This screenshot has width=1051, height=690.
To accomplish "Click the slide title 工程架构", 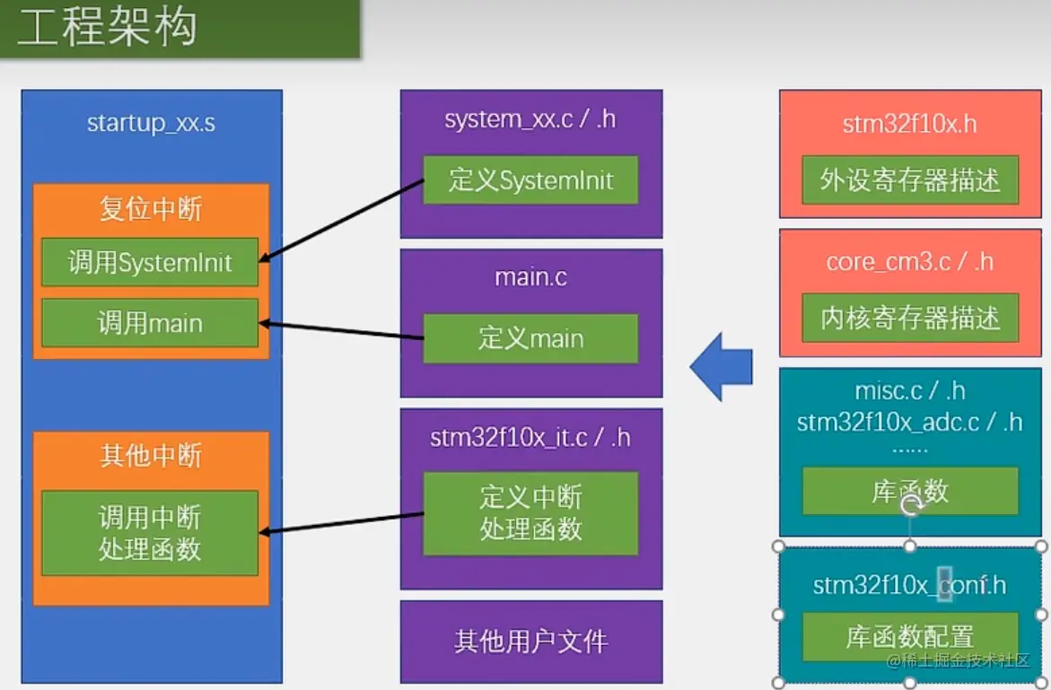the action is click(x=107, y=27).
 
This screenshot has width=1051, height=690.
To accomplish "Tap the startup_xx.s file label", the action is click(x=152, y=123).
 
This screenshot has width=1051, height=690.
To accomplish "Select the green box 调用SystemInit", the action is click(x=150, y=262).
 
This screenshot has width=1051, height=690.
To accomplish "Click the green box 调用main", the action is click(x=150, y=323).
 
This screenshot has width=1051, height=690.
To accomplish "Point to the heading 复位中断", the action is click(x=151, y=208).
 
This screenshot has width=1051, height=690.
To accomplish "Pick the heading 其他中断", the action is click(x=151, y=456).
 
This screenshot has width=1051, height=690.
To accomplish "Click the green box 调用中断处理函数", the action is click(x=150, y=533).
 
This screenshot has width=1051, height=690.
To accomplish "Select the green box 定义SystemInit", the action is click(x=530, y=180).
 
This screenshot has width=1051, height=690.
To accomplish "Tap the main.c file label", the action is click(x=530, y=277).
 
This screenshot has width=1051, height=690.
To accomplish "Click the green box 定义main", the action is click(x=530, y=338).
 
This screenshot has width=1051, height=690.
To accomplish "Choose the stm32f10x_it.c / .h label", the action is click(x=530, y=438).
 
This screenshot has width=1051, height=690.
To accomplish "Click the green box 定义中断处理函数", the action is click(x=530, y=513).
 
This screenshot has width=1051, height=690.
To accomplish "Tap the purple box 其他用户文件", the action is click(x=531, y=642).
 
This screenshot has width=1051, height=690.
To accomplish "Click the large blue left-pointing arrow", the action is click(x=722, y=367).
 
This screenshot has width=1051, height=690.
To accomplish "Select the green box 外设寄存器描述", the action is click(x=910, y=180).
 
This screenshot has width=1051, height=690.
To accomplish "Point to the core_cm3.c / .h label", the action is click(x=910, y=262).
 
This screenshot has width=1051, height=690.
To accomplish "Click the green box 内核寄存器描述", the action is click(x=910, y=318).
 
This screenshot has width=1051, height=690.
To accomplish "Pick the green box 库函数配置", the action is click(x=910, y=636).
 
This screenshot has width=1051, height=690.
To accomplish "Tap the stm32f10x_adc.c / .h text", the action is click(x=909, y=422).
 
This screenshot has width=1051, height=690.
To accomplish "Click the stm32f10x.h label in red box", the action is click(x=909, y=124).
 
